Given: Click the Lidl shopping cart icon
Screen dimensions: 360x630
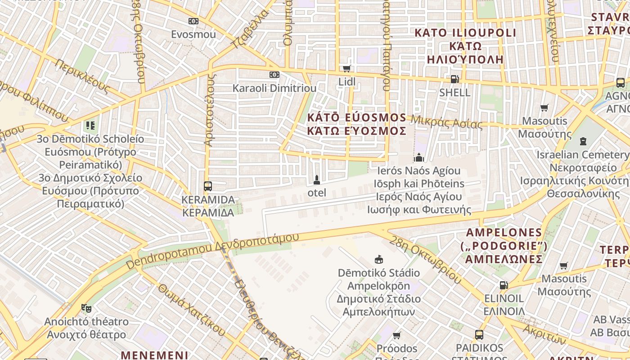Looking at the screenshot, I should pos(346,69).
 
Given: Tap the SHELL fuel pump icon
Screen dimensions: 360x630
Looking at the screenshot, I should pos(454,79).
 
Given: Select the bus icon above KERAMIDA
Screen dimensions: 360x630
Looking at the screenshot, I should pos(207,186).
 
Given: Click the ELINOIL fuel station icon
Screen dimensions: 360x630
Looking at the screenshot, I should pos(504,285).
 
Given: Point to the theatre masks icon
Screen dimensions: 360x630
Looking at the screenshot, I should pos(86,308).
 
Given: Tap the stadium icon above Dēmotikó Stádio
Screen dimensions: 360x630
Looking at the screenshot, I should pos(379,259).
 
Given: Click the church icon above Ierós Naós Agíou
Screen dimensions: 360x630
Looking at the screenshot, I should pos(419,157).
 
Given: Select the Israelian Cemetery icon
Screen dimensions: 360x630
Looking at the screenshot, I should pos(583,141).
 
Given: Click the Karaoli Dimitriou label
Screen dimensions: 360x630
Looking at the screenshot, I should pos(274,88).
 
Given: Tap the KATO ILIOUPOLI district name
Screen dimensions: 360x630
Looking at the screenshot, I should pos(465,33).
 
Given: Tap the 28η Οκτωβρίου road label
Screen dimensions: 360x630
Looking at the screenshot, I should pos(425,259).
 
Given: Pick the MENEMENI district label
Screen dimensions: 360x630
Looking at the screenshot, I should pos(154,355).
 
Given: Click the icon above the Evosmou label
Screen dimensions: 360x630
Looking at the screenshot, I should pos(193,21).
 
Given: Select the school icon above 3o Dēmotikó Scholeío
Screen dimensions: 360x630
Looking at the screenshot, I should pos(90,126).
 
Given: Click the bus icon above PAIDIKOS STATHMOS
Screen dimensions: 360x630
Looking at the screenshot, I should pos(479,335).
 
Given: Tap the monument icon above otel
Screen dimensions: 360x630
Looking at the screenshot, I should pos(317,180).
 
